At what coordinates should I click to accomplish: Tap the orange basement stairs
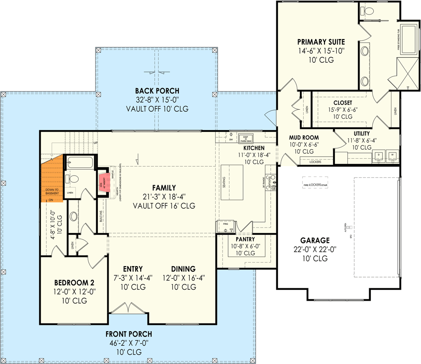point(51,178)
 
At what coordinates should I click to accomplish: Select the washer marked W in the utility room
point(393,155)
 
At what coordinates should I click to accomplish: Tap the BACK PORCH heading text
point(157,91)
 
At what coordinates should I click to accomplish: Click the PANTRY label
point(245,239)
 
